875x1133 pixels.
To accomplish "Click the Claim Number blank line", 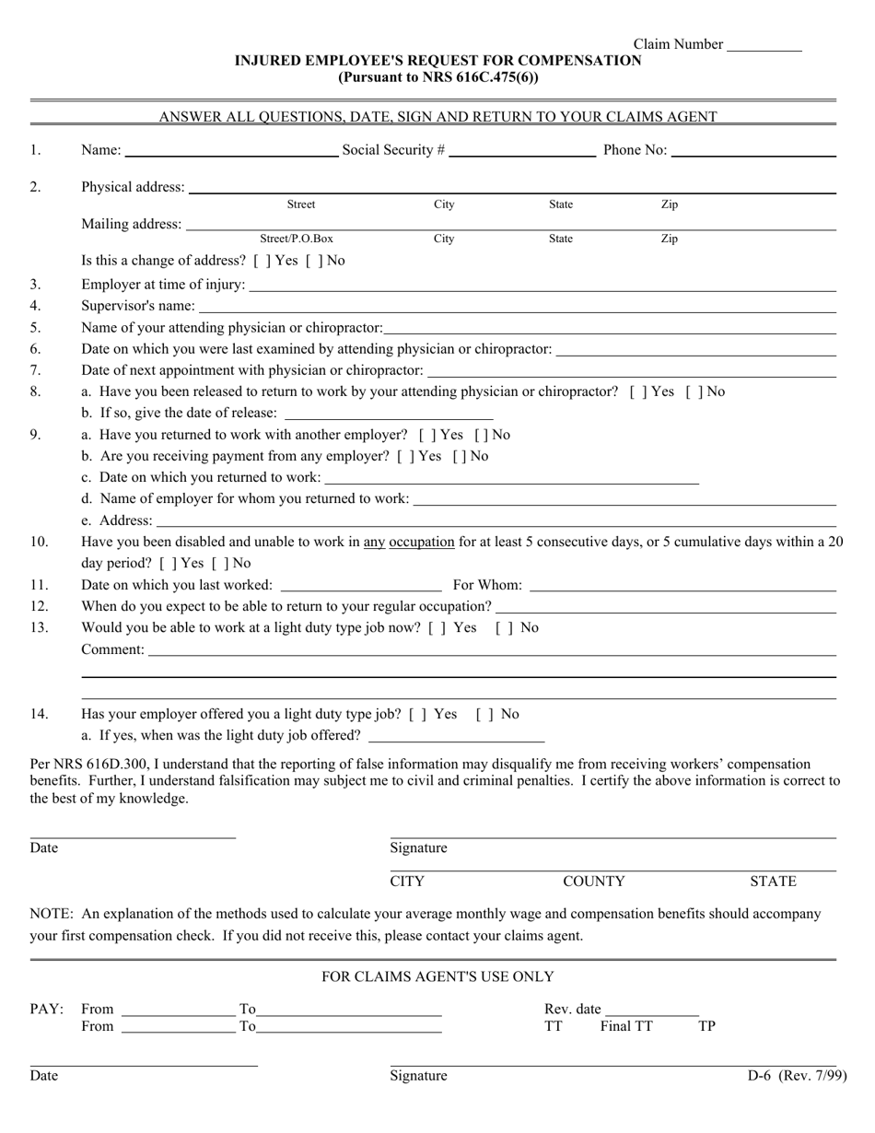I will point(764,46).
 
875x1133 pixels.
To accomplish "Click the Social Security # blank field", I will point(522,152).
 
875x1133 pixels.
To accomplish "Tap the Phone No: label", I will point(635,150).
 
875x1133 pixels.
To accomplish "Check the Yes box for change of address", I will point(260,261).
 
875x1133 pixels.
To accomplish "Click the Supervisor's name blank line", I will point(517,308).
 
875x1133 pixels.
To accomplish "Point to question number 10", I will point(40,542).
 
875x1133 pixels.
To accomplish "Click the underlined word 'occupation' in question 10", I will point(422,542).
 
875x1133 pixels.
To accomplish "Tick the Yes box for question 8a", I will point(636,391).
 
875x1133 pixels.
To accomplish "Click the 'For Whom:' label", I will point(487,585).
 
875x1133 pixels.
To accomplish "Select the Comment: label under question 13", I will point(112,649).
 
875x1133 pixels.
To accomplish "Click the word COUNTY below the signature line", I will point(593,882).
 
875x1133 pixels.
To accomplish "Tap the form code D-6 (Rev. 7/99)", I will point(797,1075).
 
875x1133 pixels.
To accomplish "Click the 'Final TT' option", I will point(626,1026).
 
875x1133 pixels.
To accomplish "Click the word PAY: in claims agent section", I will point(47,1009).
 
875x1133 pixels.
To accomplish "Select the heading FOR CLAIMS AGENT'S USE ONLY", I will point(437,976).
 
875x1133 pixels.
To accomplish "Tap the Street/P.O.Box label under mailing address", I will point(296,239).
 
